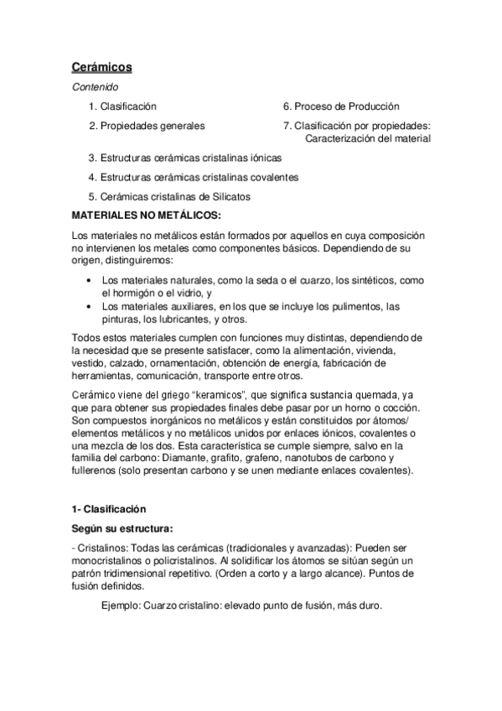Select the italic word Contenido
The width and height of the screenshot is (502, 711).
point(95,86)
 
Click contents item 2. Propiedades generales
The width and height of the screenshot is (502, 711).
point(147,127)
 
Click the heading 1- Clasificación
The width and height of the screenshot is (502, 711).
point(109,509)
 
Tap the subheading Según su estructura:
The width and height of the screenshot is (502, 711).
point(123,528)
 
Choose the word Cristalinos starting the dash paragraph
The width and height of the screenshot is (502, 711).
point(103,548)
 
